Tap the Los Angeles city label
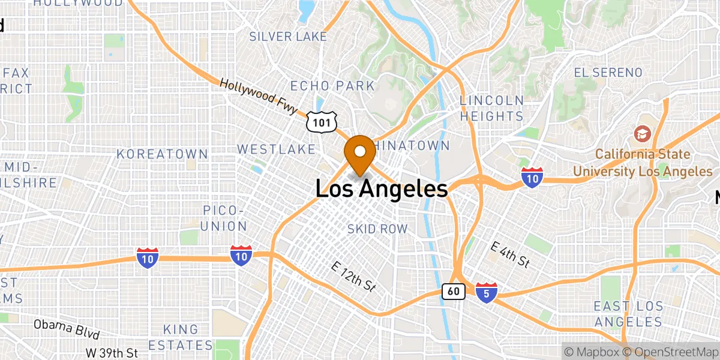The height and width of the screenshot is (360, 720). (x=382, y=190)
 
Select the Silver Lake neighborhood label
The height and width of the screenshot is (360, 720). (x=288, y=37)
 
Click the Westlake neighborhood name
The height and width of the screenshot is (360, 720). (x=276, y=149)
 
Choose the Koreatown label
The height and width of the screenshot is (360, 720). (x=163, y=154)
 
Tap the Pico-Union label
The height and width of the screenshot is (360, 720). (x=224, y=218)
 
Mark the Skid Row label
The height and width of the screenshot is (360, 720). (x=377, y=229)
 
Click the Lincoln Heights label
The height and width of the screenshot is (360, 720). (x=491, y=108)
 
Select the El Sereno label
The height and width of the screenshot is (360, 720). (x=608, y=73)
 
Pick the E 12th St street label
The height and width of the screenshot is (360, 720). (x=354, y=277)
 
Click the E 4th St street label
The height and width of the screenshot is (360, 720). (x=510, y=254)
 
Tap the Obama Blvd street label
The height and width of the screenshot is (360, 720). (x=66, y=329)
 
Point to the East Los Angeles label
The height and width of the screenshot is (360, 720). (x=629, y=314)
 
